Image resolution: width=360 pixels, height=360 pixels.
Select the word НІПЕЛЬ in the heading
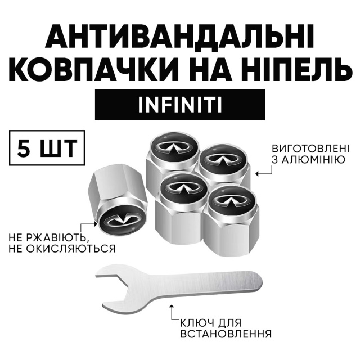coord(297,69)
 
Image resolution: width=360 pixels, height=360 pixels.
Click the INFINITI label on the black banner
coord(180,105)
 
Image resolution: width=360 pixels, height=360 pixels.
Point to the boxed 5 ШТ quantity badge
coord(47,147)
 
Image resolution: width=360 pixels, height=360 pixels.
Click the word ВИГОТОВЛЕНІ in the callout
coord(310,148)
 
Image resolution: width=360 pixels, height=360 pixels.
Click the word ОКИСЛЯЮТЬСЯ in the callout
coord(70,249)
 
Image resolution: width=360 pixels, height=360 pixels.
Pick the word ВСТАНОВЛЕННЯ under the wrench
coord(226,334)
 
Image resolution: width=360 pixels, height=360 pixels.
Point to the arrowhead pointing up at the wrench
coord(171,307)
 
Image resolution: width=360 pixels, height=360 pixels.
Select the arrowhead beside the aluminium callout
coord(258,174)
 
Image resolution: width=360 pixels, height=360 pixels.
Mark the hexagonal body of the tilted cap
coord(107,188)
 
